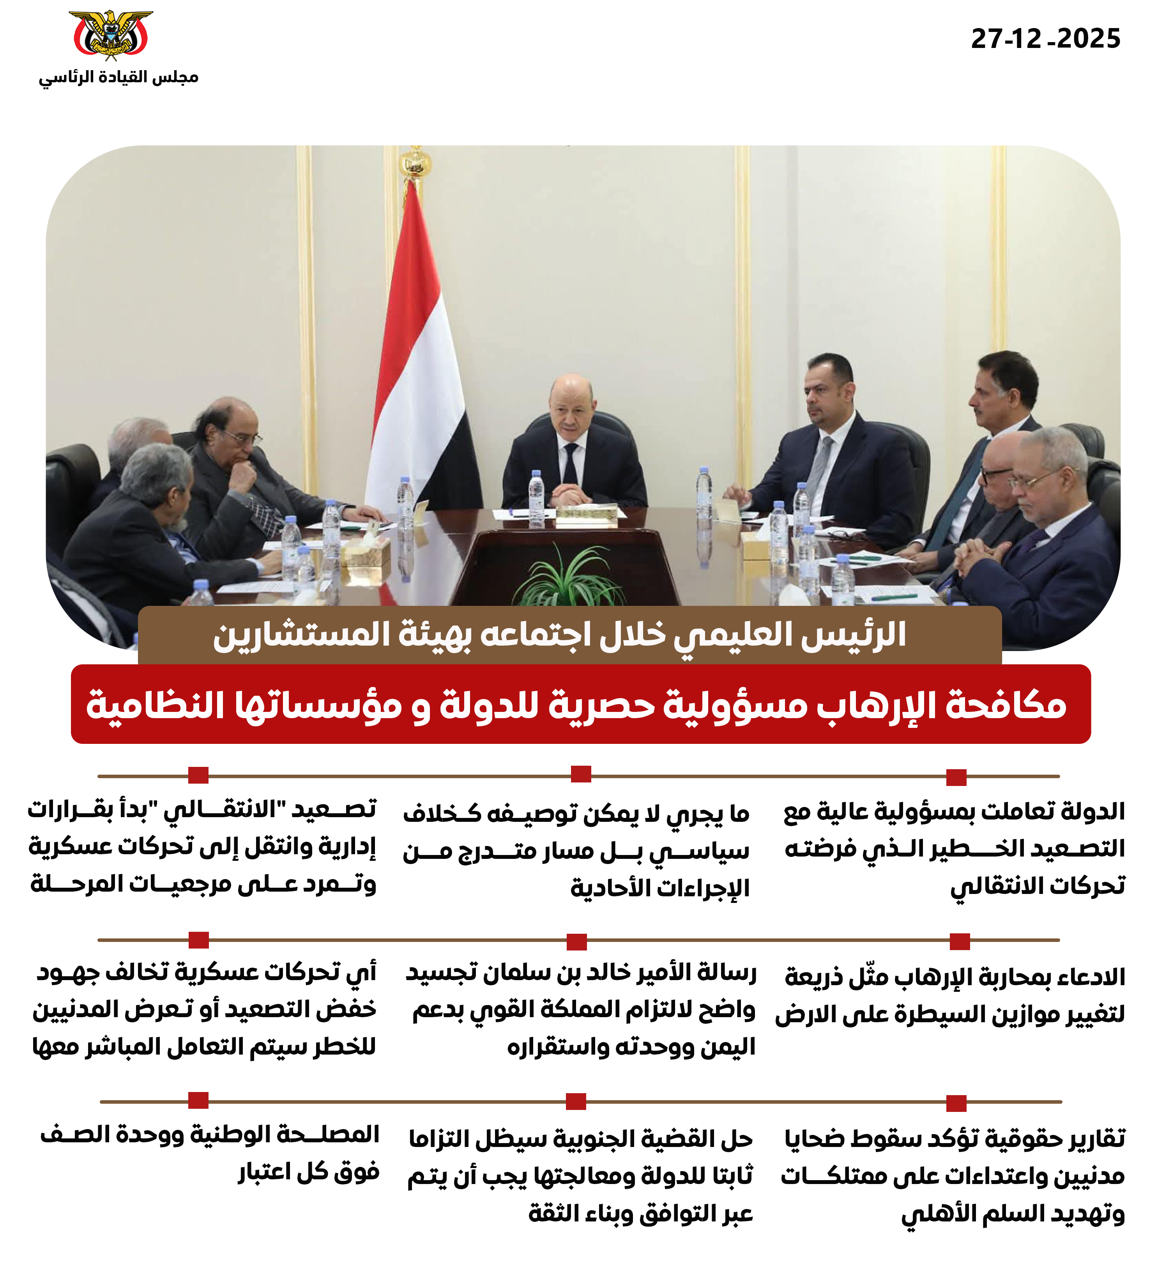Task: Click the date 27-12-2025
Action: [1045, 39]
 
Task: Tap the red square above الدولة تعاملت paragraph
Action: [956, 777]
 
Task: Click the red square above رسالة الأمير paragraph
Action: [576, 942]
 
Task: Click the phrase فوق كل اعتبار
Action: [308, 1172]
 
